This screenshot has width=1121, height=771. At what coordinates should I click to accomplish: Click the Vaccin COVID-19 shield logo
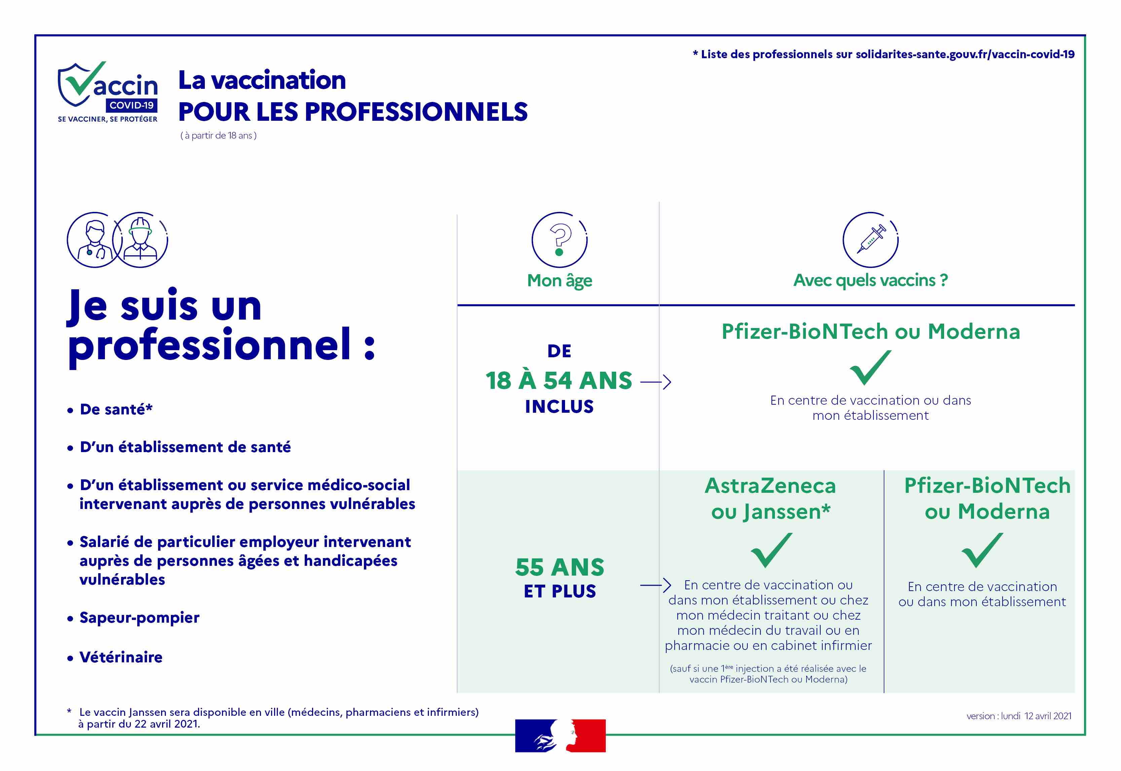tap(107, 92)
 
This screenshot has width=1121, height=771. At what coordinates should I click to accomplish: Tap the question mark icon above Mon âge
tap(559, 240)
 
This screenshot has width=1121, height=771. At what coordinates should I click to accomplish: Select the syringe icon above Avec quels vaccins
tap(870, 240)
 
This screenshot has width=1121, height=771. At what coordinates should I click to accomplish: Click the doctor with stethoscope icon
tap(95, 240)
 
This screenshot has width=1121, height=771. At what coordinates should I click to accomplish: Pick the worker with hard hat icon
tap(140, 240)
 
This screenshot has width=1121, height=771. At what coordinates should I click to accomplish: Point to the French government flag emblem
tap(560, 735)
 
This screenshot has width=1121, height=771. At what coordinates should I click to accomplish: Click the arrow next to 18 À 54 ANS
tap(656, 382)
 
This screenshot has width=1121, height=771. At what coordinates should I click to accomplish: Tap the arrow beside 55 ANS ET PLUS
tap(656, 586)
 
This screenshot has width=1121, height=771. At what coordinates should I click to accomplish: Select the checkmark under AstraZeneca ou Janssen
tap(771, 550)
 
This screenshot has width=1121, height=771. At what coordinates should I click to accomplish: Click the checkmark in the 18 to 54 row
tap(870, 368)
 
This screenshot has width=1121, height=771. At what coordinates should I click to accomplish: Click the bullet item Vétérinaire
tap(115, 658)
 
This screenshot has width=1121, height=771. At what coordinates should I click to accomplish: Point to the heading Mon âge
tap(559, 281)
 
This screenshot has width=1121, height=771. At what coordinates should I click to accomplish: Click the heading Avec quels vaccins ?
tap(870, 280)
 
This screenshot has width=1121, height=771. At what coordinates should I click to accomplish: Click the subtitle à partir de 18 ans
tap(218, 136)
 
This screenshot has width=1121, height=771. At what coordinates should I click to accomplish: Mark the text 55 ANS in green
tap(560, 567)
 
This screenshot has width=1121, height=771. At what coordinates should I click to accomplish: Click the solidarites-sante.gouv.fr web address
tap(965, 54)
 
